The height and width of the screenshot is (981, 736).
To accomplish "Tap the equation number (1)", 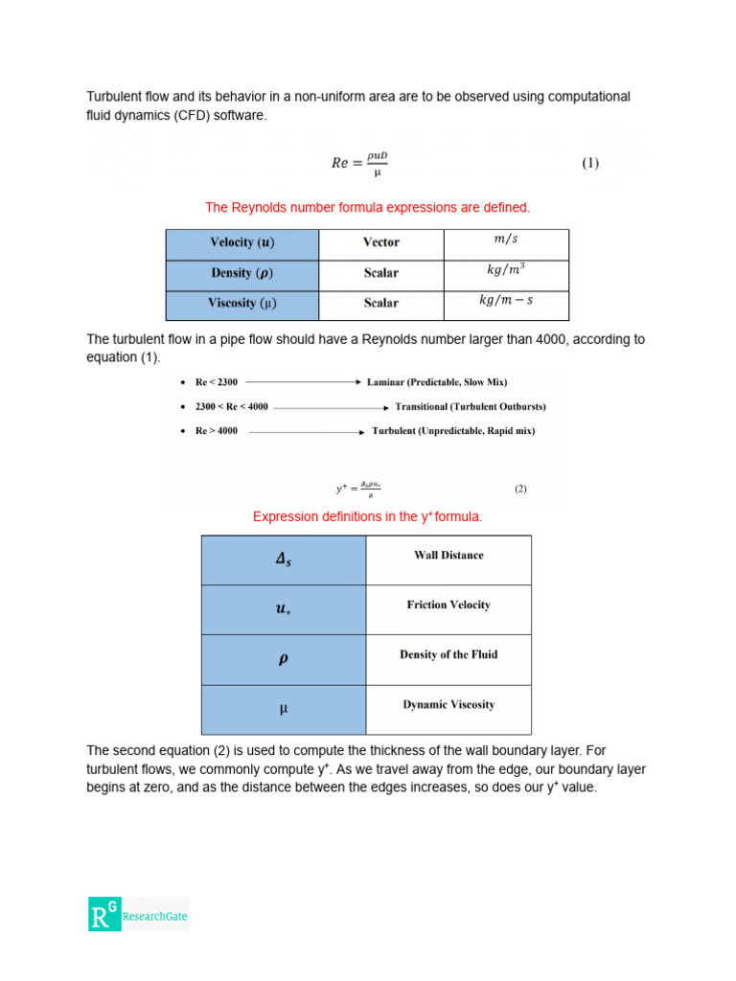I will tap(590, 163).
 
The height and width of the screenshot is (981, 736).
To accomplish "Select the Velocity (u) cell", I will tap(242, 243).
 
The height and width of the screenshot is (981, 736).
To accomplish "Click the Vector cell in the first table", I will tap(381, 243).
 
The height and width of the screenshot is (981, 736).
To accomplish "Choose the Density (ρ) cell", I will tap(242, 273).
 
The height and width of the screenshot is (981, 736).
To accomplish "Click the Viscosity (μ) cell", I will tap(242, 304).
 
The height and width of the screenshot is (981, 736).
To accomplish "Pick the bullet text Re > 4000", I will tap(217, 431).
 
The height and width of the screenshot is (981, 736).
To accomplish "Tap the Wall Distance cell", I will tap(448, 556).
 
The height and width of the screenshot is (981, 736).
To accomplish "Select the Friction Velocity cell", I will tap(448, 605).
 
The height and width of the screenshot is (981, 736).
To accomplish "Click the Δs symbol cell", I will tap(284, 560).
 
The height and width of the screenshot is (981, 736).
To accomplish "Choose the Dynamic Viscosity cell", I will tap(448, 705).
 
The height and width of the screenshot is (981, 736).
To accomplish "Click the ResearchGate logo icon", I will tap(104, 914).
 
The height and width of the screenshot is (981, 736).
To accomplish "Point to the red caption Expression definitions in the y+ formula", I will tap(367, 516).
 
